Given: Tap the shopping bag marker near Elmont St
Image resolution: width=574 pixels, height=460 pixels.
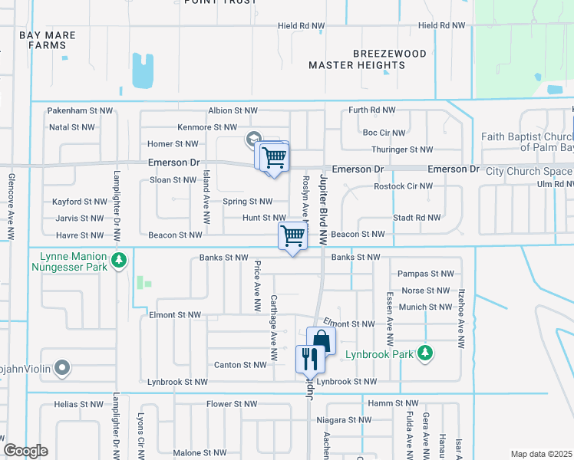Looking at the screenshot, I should [x=322, y=341].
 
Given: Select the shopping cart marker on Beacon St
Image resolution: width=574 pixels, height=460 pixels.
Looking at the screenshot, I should [x=292, y=236].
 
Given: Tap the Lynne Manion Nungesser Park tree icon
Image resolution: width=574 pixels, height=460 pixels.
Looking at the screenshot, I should [x=118, y=261].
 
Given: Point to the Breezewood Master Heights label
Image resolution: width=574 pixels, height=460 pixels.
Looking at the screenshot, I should [x=357, y=59].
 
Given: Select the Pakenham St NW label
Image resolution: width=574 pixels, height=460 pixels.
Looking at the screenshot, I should [x=80, y=111].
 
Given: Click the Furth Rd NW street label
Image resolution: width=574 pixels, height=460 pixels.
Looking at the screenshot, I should [x=372, y=111].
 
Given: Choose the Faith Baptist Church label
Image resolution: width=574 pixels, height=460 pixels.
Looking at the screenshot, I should [x=526, y=143].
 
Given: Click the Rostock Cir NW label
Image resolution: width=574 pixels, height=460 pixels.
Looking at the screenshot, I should [x=403, y=186].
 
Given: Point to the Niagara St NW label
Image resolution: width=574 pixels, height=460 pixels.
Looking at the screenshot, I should [x=360, y=420].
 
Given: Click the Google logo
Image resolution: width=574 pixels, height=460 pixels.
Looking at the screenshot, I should [x=26, y=451].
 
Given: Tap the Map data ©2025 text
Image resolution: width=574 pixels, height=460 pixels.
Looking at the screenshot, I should [x=540, y=454].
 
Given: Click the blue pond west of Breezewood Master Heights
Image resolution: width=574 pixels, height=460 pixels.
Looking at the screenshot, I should [x=143, y=71].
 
